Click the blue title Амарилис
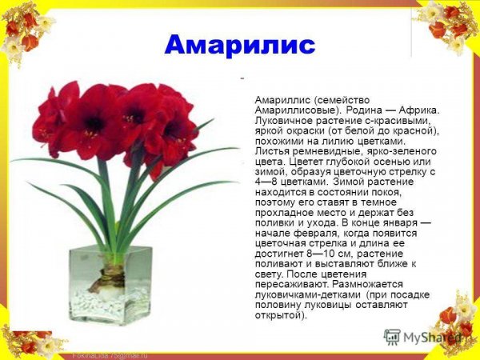[240, 45]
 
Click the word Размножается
[365, 284]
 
